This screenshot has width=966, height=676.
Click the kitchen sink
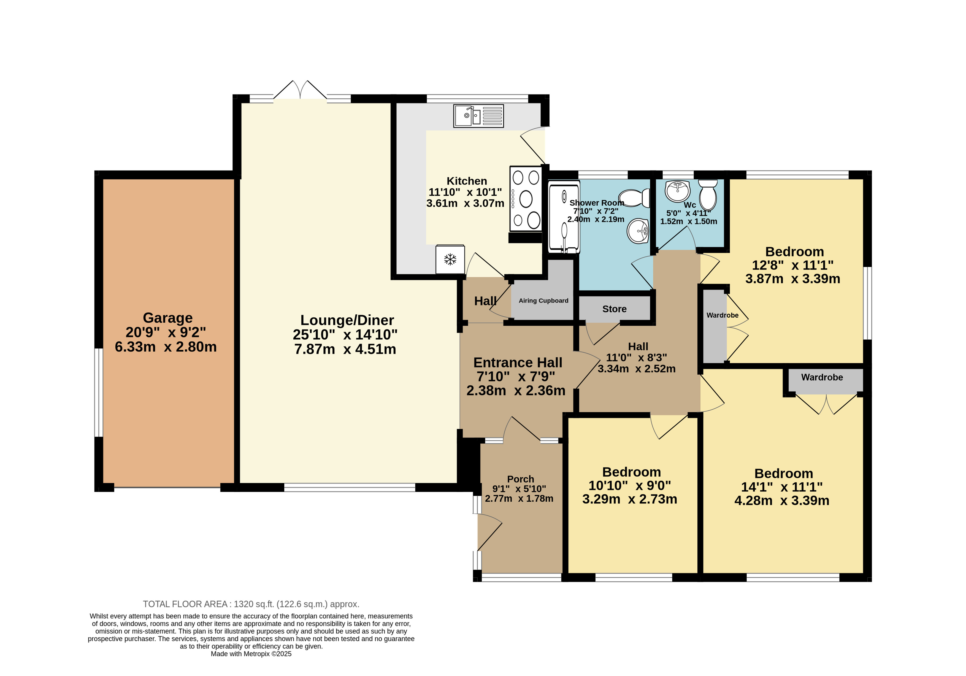click(478, 116)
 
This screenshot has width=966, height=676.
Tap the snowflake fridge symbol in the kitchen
click(450, 259)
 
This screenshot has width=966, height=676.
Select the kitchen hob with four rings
click(526, 199)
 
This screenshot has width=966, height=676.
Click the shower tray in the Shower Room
click(564, 217)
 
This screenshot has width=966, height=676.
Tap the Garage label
click(167, 318)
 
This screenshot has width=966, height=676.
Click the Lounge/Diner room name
click(347, 320)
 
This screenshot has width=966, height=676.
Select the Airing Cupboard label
click(543, 300)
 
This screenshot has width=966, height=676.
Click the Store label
click(614, 309)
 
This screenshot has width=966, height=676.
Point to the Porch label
click(520, 479)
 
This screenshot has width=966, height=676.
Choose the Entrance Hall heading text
click(518, 362)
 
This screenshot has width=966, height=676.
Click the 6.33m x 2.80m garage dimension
click(166, 347)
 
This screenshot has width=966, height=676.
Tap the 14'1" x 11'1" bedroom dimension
click(782, 487)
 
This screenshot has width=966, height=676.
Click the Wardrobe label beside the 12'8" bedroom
click(723, 315)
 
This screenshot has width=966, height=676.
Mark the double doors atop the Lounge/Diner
click(300, 90)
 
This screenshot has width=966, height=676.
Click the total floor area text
click(251, 604)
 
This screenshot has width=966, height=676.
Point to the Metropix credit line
click(251, 654)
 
